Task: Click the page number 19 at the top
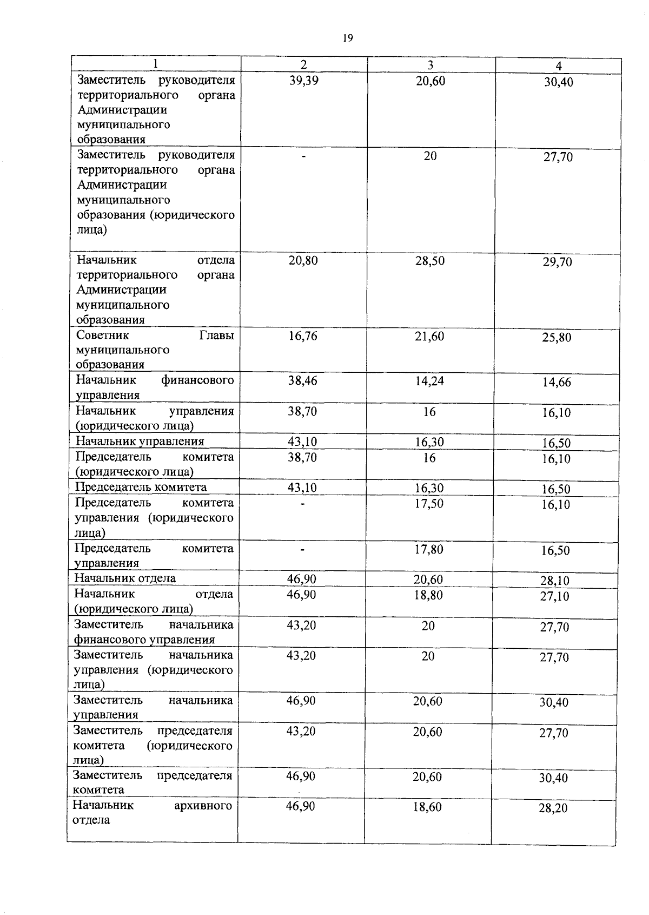tap(347, 38)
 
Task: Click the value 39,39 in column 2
tap(304, 81)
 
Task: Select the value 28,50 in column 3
tap(430, 261)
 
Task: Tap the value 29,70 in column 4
tap(558, 262)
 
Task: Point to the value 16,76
tap(303, 337)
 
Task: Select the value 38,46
tap(302, 381)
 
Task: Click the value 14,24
tap(429, 381)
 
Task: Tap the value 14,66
tap(557, 383)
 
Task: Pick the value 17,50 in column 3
tap(429, 504)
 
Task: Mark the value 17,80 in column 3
tap(429, 550)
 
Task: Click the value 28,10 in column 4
tap(554, 581)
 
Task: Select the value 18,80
tap(428, 595)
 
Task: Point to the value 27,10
tap(554, 597)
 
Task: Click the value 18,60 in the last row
tap(427, 807)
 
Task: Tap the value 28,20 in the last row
tap(553, 809)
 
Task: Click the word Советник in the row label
tap(102, 335)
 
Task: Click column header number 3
tap(431, 65)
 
